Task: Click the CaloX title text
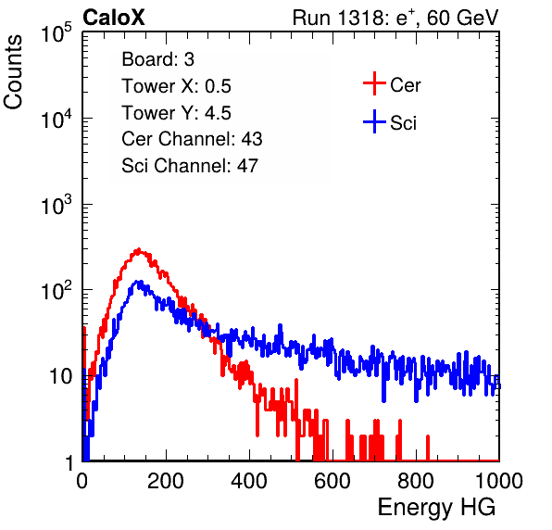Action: pos(113,18)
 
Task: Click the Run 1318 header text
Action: pos(395,18)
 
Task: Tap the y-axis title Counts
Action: pos(13,72)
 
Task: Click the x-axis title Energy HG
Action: pos(436,508)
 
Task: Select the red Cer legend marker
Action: pos(374,83)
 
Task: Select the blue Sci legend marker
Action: pos(374,121)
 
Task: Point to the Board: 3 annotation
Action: pos(157,59)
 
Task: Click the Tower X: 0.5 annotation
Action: pos(176,86)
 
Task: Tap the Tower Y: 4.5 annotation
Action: pos(176,113)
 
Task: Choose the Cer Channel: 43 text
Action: pos(192,139)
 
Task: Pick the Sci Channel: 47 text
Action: pos(190,166)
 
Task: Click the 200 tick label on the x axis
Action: pos(166,481)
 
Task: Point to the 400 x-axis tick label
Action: pos(249,481)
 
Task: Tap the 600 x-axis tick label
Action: pos(332,481)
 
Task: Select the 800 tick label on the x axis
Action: pos(416,481)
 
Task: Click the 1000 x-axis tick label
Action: pos(499,481)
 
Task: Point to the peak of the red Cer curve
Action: pos(139,249)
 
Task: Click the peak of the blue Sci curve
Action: pos(139,282)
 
